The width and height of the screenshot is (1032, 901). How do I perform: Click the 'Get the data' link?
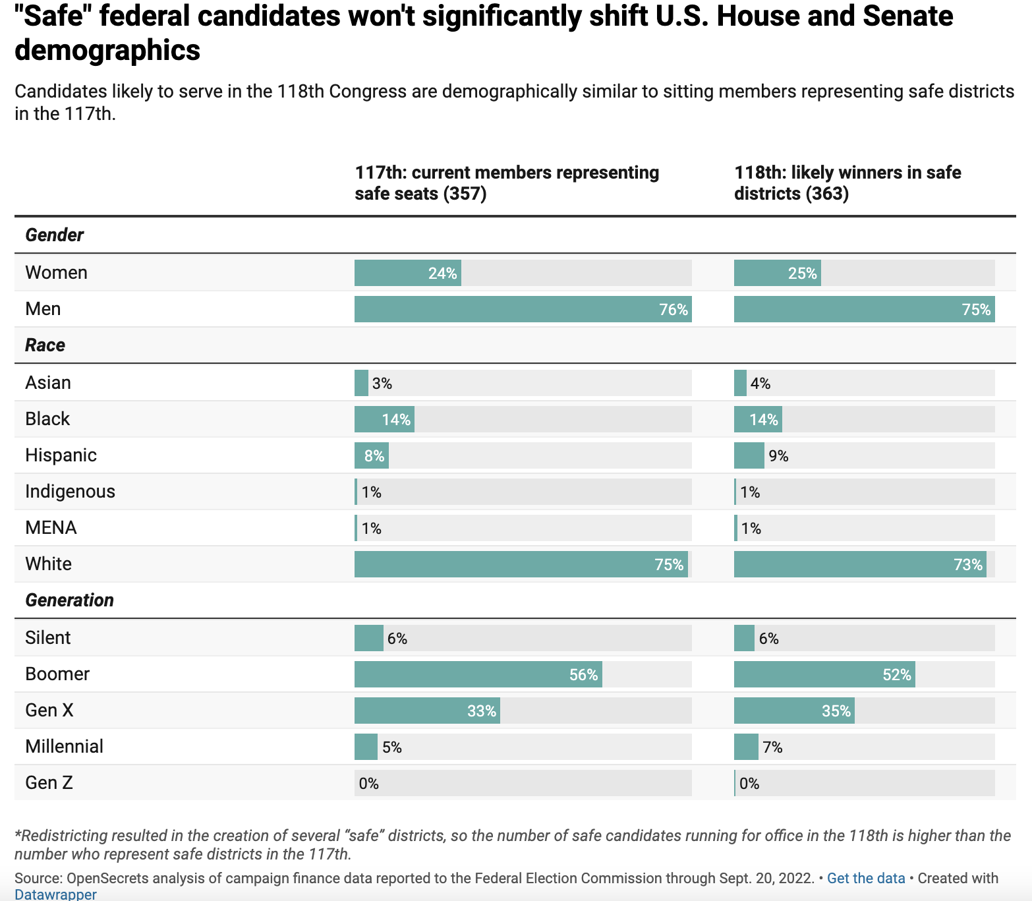pyautogui.click(x=865, y=878)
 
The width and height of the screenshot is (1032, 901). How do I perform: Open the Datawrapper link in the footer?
pyautogui.click(x=55, y=894)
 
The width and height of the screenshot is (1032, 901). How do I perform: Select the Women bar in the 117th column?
pyautogui.click(x=407, y=273)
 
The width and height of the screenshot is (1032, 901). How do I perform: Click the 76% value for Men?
pyautogui.click(x=674, y=310)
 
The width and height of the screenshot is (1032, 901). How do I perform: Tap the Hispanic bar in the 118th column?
pyautogui.click(x=749, y=455)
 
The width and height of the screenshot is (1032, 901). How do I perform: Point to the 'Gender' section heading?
pyautogui.click(x=55, y=235)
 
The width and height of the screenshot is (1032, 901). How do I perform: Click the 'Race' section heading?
pyautogui.click(x=45, y=345)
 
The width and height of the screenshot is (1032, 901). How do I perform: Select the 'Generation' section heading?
pyautogui.click(x=70, y=600)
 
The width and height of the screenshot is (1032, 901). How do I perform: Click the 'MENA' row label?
pyautogui.click(x=51, y=528)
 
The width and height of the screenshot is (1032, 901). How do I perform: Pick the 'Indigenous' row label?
pyautogui.click(x=70, y=492)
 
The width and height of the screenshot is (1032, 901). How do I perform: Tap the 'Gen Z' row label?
pyautogui.click(x=49, y=783)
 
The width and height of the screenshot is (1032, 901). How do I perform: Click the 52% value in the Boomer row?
pyautogui.click(x=896, y=675)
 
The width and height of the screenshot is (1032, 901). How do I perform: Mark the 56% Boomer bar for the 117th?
pyautogui.click(x=478, y=675)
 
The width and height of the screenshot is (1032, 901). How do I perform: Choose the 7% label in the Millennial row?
pyautogui.click(x=772, y=747)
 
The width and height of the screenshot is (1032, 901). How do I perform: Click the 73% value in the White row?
pyautogui.click(x=967, y=565)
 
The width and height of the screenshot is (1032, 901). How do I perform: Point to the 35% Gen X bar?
pyautogui.click(x=794, y=711)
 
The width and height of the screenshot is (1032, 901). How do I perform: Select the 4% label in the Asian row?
pyautogui.click(x=760, y=384)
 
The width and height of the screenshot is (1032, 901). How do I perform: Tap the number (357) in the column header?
pyautogui.click(x=465, y=194)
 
